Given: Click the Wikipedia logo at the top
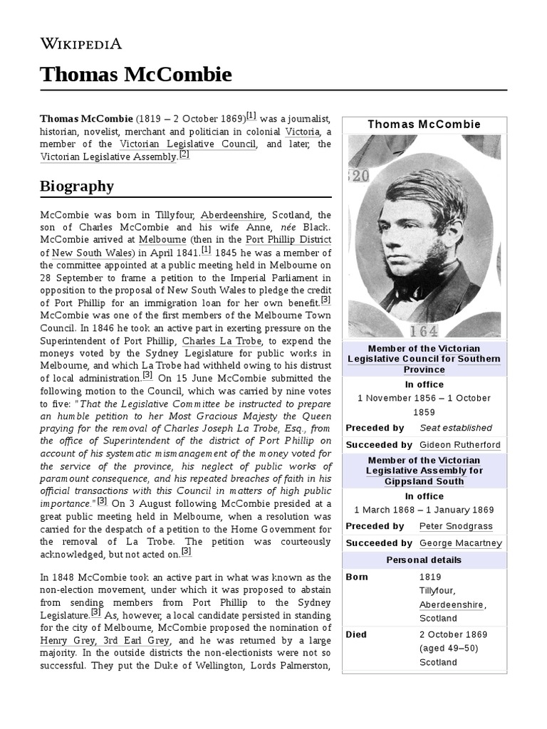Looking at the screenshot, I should [x=81, y=43].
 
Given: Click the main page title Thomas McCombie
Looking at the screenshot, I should [x=135, y=75].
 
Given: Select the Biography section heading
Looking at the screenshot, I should [x=77, y=187].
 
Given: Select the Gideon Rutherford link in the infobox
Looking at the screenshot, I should [x=460, y=445].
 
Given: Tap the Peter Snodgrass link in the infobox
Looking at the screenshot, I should [x=456, y=526].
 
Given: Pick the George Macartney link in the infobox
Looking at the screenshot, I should [x=461, y=543].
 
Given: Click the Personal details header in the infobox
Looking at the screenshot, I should [x=424, y=560].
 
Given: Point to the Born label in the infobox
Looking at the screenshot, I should [x=357, y=577].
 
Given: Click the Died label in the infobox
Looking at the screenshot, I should [x=356, y=634].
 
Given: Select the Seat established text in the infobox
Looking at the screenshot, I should [x=456, y=428].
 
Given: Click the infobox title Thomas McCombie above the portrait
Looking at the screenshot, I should [x=424, y=125].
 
